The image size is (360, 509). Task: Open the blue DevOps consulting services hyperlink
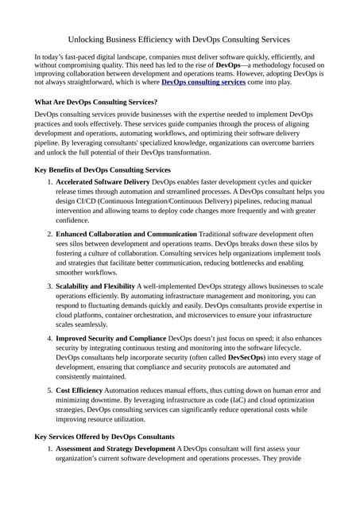coord(203,81)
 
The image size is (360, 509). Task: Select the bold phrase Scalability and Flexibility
coord(95,286)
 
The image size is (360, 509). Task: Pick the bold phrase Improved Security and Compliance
coord(111,338)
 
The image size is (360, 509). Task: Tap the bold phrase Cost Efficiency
coord(80,390)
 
